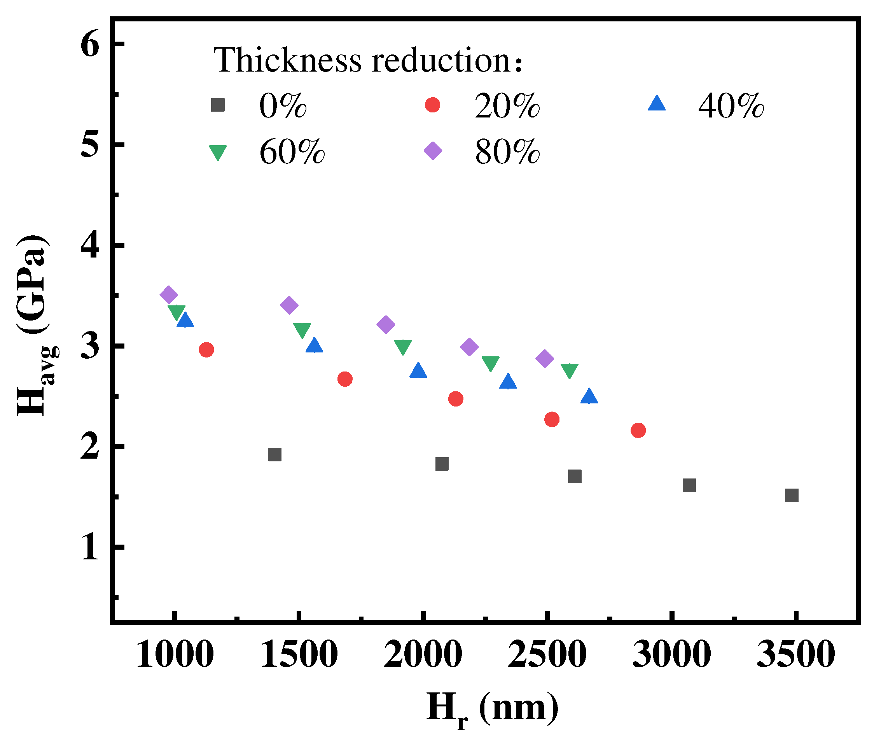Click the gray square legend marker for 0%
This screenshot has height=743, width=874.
(x=218, y=105)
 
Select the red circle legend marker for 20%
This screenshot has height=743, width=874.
(x=432, y=105)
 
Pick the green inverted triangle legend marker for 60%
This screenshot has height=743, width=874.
(x=218, y=152)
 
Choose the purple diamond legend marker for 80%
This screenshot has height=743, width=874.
(x=433, y=151)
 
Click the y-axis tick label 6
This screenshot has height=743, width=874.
(x=90, y=44)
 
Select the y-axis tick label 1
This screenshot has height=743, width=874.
(x=90, y=548)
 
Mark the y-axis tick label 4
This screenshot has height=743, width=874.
(x=90, y=245)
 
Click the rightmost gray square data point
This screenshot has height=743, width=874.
(x=792, y=495)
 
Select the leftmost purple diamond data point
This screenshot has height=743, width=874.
(x=169, y=294)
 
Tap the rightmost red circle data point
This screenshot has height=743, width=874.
(x=638, y=430)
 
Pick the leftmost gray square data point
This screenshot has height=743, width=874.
(x=274, y=454)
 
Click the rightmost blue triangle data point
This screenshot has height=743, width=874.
(x=589, y=397)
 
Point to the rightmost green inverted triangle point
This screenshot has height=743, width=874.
(x=569, y=370)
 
